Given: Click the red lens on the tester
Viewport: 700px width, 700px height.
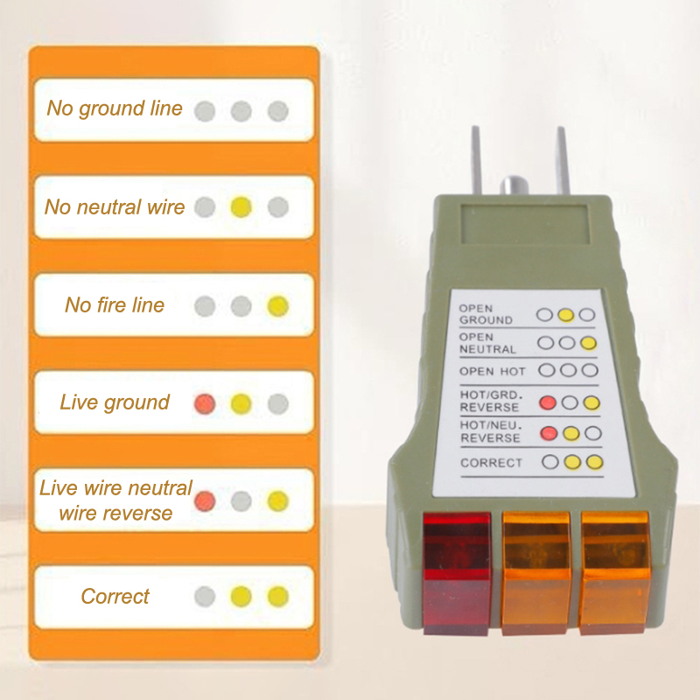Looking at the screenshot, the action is click(x=456, y=573).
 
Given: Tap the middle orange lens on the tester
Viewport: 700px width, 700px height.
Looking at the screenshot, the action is click(x=536, y=573).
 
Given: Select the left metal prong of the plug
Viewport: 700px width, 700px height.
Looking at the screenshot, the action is click(x=476, y=160).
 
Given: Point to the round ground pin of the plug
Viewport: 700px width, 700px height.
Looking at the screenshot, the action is click(x=514, y=186).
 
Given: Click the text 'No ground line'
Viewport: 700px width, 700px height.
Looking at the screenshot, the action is click(x=115, y=108).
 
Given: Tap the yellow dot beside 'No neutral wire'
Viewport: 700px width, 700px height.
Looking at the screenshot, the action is click(x=241, y=207).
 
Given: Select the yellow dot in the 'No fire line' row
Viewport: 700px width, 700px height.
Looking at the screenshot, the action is click(x=277, y=305).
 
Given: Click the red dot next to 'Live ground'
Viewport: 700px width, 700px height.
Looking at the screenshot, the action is click(x=205, y=403).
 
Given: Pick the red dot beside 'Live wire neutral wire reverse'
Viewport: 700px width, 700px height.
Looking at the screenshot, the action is click(x=205, y=500).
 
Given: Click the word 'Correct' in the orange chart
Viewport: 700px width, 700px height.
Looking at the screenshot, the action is click(x=115, y=597).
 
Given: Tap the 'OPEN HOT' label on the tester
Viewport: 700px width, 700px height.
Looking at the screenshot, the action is click(x=492, y=371).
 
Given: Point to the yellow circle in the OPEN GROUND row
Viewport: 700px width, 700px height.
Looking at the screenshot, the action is click(x=565, y=315).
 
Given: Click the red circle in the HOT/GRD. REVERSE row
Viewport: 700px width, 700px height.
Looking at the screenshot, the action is click(x=548, y=402).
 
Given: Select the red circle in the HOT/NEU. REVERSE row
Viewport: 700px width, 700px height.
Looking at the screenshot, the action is click(x=549, y=433).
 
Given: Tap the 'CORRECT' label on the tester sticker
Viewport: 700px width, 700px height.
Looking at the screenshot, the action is click(x=491, y=463).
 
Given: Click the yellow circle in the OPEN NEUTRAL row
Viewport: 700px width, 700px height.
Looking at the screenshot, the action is click(x=588, y=343).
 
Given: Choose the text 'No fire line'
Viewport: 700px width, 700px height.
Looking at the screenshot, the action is click(x=115, y=305).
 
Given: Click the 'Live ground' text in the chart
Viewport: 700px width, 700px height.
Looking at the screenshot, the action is click(x=115, y=402).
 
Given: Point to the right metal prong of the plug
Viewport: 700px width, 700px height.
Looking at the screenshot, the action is click(x=563, y=160).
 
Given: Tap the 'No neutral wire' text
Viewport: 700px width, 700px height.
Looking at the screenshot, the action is click(x=115, y=207).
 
